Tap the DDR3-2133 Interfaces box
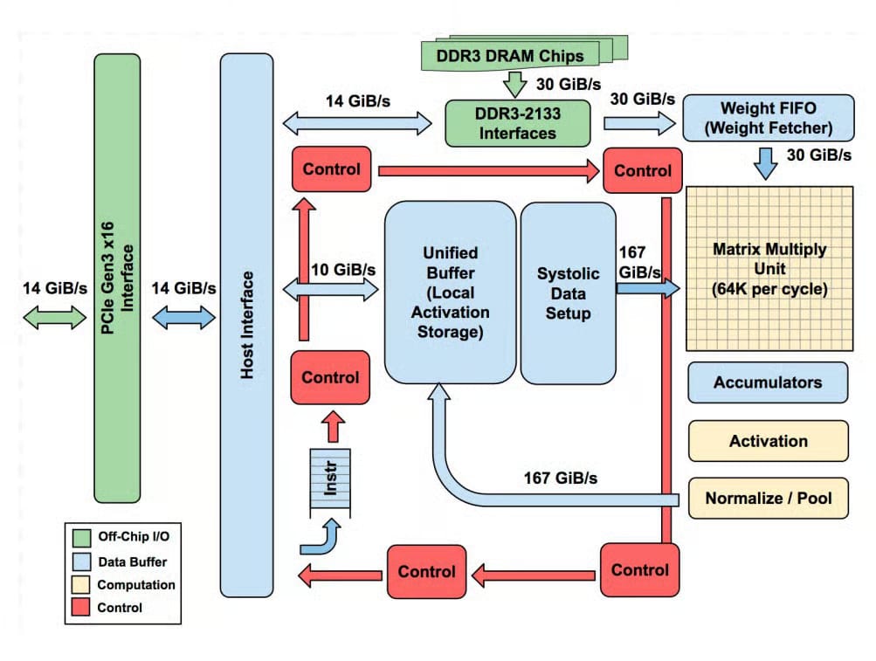(516, 123)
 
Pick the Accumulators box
(768, 382)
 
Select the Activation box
(768, 441)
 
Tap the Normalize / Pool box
(768, 499)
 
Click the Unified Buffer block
(450, 291)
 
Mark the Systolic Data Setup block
(569, 293)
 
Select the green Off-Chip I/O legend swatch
(82, 537)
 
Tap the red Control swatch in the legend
(82, 607)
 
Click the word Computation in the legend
(136, 584)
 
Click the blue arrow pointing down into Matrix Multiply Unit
(765, 163)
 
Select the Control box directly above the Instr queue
(330, 377)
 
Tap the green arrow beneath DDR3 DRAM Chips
(514, 84)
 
